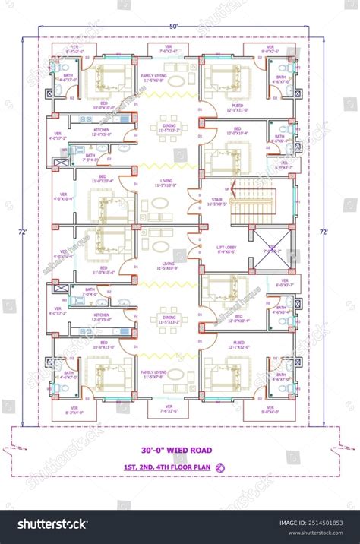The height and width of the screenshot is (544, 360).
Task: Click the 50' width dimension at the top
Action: (174, 27)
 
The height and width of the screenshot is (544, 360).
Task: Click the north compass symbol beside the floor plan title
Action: (221, 467)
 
